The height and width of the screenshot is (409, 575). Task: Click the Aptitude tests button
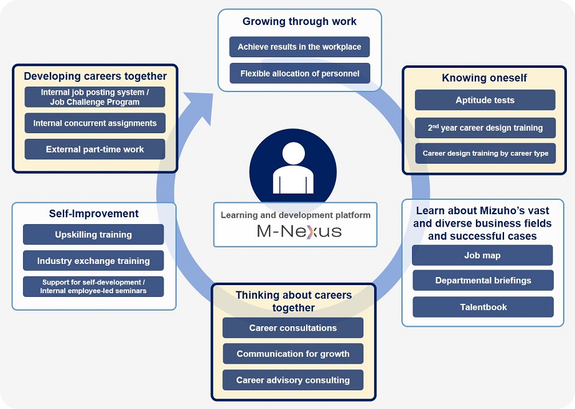[x=485, y=100]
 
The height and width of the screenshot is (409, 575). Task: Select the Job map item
[x=482, y=255]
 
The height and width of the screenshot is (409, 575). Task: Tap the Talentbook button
[x=483, y=307]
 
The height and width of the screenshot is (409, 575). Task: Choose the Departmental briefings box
[x=483, y=281]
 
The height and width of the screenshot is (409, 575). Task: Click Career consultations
[x=292, y=328]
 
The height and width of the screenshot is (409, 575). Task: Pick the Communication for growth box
[x=292, y=354]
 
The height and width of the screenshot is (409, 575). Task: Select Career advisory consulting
[x=292, y=380]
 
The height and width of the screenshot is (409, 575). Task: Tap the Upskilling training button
[x=93, y=235]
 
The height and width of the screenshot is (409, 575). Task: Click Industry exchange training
[x=93, y=261]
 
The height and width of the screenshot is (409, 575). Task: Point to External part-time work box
[x=95, y=149]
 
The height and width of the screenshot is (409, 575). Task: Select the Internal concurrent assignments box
[x=95, y=123]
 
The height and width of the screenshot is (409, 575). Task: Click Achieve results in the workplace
[x=299, y=47]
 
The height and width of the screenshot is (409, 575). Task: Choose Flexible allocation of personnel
[x=299, y=73]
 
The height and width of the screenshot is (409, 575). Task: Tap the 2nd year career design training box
[x=485, y=128]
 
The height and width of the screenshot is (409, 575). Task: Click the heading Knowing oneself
[x=484, y=78]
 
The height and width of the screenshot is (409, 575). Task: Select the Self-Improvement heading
[x=94, y=214]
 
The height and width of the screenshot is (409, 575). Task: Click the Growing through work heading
[x=299, y=22]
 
